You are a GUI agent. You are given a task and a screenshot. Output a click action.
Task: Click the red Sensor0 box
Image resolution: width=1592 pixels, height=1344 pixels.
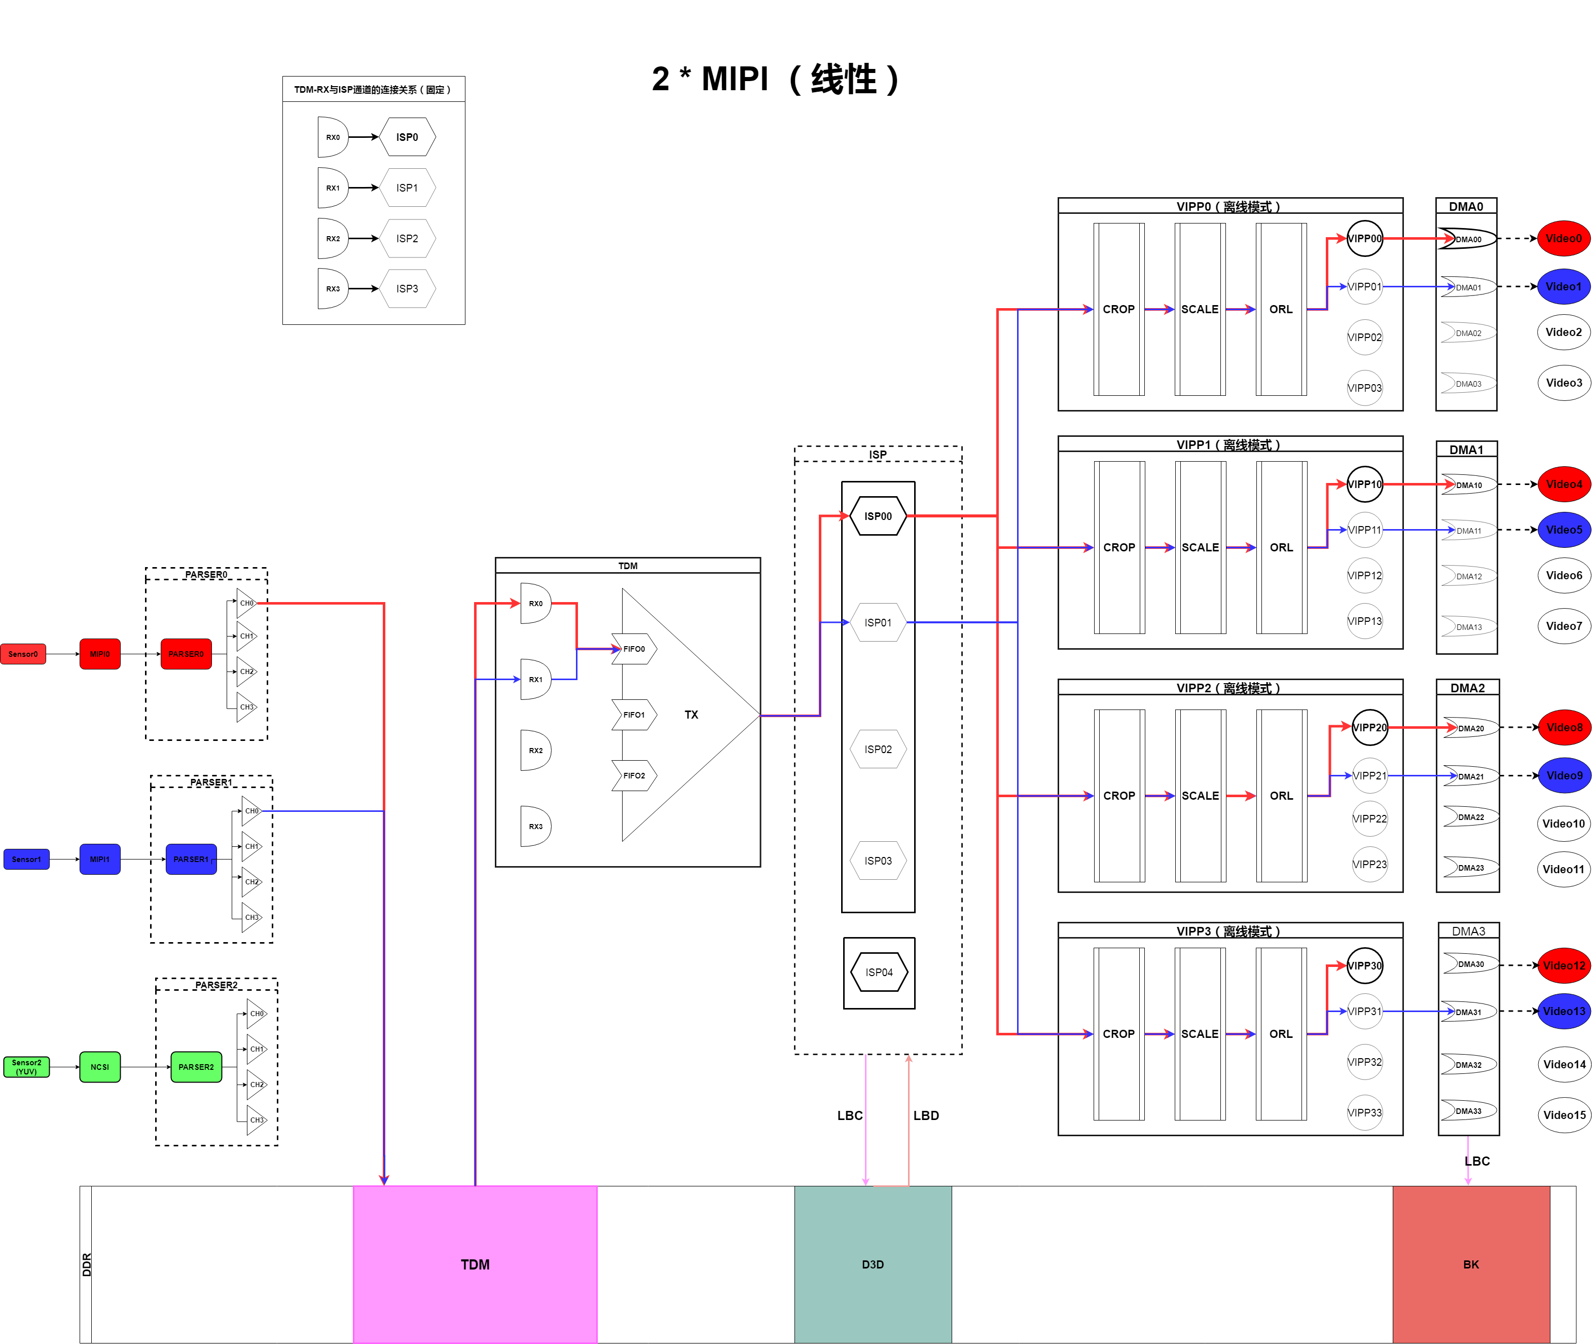(x=23, y=654)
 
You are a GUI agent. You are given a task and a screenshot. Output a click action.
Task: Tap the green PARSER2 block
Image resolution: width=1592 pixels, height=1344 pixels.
(x=196, y=1067)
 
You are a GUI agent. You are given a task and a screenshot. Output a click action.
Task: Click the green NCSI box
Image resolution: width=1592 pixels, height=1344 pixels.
(x=100, y=1067)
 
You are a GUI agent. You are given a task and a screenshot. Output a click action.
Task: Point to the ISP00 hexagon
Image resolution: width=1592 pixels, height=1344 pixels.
(x=878, y=516)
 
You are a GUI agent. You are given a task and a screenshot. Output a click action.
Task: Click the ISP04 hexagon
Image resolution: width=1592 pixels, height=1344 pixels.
(x=879, y=972)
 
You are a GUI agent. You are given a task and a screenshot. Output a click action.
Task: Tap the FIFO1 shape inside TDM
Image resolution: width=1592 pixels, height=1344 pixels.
(x=634, y=715)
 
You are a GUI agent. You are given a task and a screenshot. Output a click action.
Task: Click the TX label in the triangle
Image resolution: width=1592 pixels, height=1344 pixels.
(x=691, y=715)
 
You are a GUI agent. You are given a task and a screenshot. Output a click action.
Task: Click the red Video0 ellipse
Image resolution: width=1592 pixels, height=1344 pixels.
(x=1563, y=239)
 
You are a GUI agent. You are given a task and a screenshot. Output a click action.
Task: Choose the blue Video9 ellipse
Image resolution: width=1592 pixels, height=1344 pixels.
(x=1564, y=775)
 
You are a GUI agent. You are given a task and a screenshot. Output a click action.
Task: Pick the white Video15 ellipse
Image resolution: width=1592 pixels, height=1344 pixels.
(x=1564, y=1114)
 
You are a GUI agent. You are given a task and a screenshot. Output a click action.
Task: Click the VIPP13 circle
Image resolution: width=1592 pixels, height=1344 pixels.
(x=1364, y=621)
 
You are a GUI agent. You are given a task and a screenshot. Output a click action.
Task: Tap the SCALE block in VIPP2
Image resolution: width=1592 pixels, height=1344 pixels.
(x=1200, y=796)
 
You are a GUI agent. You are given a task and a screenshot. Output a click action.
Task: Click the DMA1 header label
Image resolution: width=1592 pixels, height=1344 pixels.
(x=1466, y=450)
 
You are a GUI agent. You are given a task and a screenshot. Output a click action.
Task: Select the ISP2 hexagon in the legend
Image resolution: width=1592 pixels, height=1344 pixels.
(x=407, y=239)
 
